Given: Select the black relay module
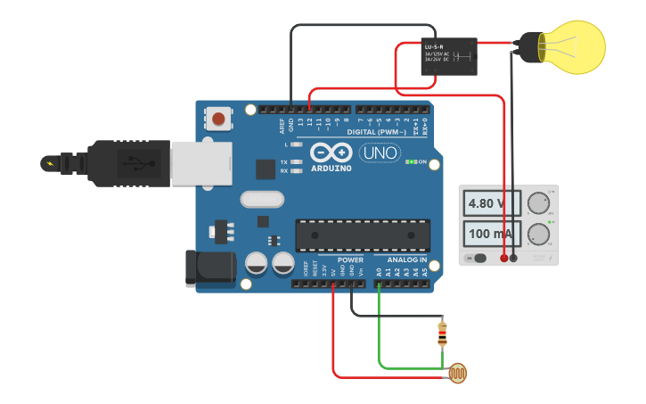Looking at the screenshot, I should point(448,56).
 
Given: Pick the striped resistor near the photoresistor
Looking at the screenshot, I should point(444,334).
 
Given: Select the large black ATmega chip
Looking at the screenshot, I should point(363,234).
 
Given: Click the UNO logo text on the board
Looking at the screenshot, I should point(380,153).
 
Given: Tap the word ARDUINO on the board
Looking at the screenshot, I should point(332,166).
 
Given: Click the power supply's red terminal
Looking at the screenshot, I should point(504,258).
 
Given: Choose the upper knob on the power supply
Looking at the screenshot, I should point(537,202).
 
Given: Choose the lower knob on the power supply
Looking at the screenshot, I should point(537,235).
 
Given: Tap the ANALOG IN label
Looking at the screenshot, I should point(407,260).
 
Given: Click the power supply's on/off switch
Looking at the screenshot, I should point(478,258).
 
